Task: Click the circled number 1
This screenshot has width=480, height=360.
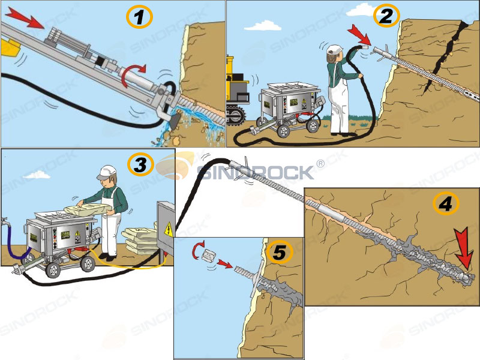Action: coord(139,17)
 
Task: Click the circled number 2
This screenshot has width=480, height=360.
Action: coord(386,16)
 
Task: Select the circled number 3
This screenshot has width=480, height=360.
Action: coord(140,164)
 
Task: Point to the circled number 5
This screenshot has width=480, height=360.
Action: coord(280,252)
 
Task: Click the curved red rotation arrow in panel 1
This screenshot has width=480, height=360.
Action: coord(131,75)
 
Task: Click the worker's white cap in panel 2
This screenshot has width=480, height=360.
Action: coord(335,49)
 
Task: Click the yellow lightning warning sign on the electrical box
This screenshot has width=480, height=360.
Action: coord(168,229)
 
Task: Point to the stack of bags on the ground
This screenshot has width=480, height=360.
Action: coord(139,239)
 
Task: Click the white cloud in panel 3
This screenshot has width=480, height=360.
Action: coord(37,175)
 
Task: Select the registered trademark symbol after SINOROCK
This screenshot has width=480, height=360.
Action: coord(320,163)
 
